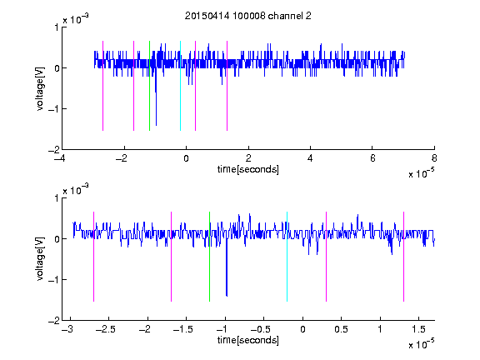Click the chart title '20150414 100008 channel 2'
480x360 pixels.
248,16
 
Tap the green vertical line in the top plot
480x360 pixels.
149,86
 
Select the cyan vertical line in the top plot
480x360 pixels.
180,86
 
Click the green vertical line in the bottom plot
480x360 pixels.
209,257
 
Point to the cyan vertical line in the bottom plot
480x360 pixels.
287,257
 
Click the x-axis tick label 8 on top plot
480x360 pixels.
434,158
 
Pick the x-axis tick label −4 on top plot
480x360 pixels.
60,158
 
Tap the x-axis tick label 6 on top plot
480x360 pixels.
372,158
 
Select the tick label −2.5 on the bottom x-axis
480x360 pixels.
106,329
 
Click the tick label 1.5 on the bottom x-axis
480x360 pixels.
418,329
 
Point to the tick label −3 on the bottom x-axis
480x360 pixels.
67,329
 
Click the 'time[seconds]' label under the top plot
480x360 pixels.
248,169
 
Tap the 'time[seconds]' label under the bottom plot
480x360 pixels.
248,340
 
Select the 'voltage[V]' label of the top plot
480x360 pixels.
40,88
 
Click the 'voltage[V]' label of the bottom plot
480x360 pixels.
40,259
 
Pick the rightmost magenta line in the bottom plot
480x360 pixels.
403,257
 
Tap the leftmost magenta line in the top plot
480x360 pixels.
102,86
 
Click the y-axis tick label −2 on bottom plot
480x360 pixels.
53,321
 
